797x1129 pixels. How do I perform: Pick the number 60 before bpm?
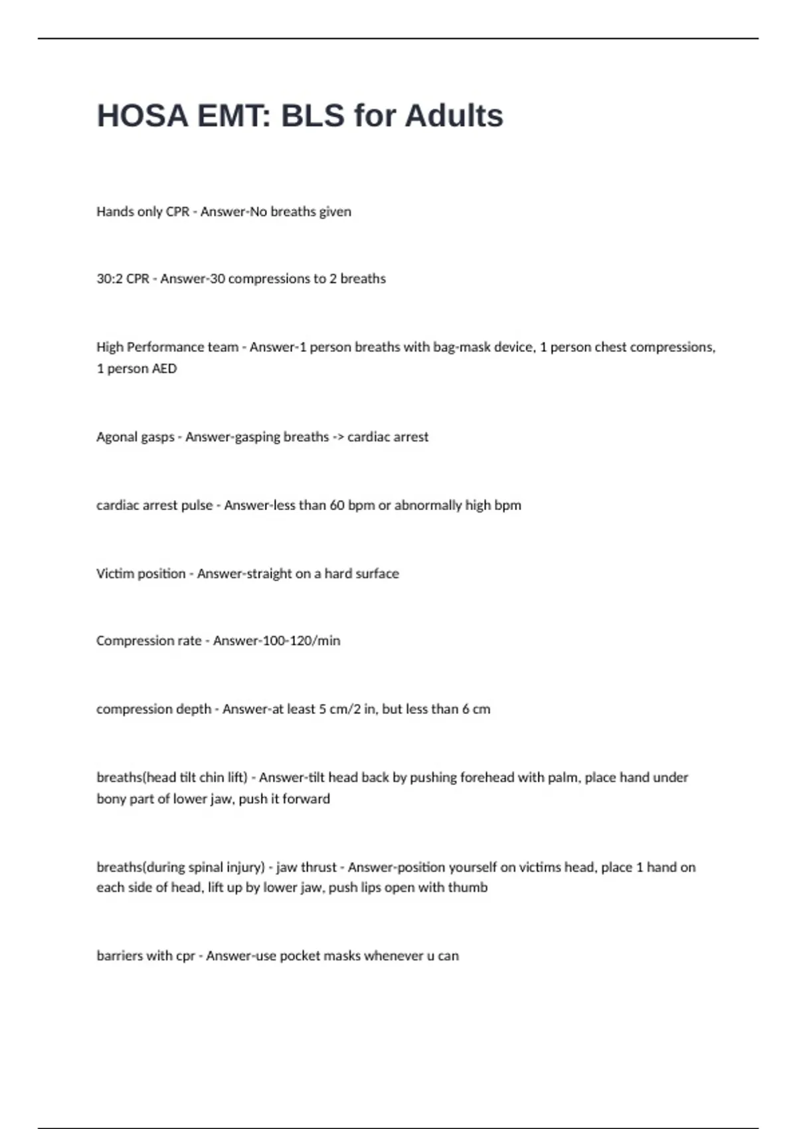click(337, 505)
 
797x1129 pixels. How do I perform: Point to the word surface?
click(377, 574)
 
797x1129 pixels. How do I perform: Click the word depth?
click(193, 709)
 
